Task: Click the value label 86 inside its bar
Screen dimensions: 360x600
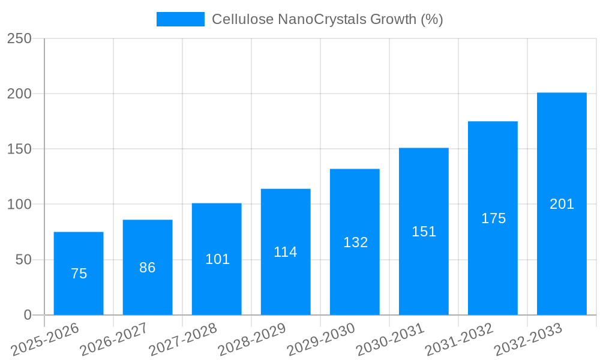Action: point(148,268)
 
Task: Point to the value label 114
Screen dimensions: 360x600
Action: point(286,252)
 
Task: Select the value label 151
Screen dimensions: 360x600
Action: point(424,232)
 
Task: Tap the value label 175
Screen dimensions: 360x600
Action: point(493,218)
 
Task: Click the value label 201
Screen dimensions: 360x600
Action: point(562,204)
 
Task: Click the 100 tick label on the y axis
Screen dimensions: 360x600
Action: point(19,205)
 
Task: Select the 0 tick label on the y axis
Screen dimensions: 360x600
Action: point(27,315)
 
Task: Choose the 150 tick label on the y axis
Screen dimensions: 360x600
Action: point(19,149)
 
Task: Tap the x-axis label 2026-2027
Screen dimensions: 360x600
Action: point(113,339)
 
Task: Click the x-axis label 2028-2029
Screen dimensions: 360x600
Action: point(251,339)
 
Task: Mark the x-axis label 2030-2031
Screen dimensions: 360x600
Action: point(389,339)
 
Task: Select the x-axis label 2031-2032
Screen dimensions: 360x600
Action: point(458,339)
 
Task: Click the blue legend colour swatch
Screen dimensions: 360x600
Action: point(180,19)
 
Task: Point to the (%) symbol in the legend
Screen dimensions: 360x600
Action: point(432,19)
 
